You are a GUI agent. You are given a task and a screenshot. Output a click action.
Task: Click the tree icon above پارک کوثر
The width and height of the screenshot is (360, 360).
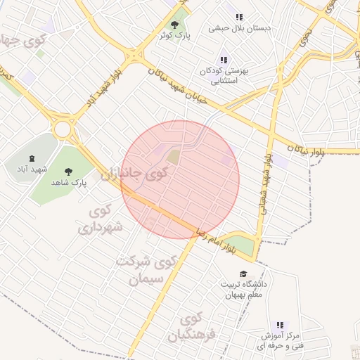click(174, 24)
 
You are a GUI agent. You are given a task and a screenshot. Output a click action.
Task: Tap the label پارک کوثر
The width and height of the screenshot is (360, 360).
click(174, 34)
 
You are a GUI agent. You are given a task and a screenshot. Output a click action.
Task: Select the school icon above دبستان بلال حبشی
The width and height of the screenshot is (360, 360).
click(239, 18)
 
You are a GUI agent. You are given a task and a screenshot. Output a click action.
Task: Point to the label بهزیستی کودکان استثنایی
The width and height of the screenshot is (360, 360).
click(224, 76)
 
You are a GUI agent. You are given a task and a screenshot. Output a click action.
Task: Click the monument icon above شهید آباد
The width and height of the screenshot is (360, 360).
click(33, 158)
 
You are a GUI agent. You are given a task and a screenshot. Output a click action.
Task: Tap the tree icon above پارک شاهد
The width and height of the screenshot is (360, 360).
click(68, 171)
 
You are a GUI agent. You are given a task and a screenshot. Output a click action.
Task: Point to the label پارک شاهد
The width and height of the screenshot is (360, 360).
click(68, 182)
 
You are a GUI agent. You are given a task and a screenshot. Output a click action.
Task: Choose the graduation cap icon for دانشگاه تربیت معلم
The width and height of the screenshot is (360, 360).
click(243, 274)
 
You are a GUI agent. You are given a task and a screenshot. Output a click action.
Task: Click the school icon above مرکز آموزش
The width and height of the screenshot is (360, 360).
click(280, 325)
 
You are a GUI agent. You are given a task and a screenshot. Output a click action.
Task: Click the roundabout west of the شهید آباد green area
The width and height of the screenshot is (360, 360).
click(64, 129)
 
